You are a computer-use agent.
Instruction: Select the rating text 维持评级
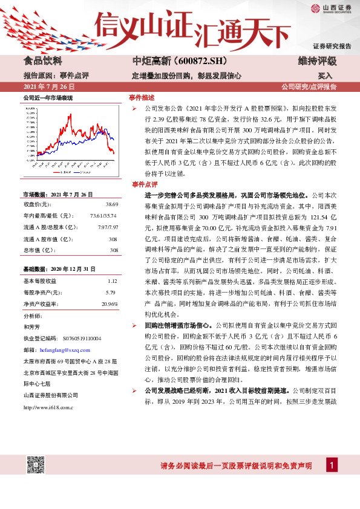click(317, 61)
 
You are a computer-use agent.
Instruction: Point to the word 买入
click(325, 76)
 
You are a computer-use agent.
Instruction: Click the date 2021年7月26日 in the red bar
click(49, 87)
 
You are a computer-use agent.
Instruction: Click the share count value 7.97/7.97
click(107, 227)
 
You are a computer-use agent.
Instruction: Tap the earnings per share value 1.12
click(112, 281)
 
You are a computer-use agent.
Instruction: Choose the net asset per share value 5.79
click(110, 292)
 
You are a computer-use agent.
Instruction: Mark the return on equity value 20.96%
click(110, 303)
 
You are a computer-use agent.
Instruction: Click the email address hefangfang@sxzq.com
click(64, 350)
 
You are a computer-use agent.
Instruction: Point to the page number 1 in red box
click(332, 464)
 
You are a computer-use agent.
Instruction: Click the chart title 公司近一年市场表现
click(48, 97)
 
